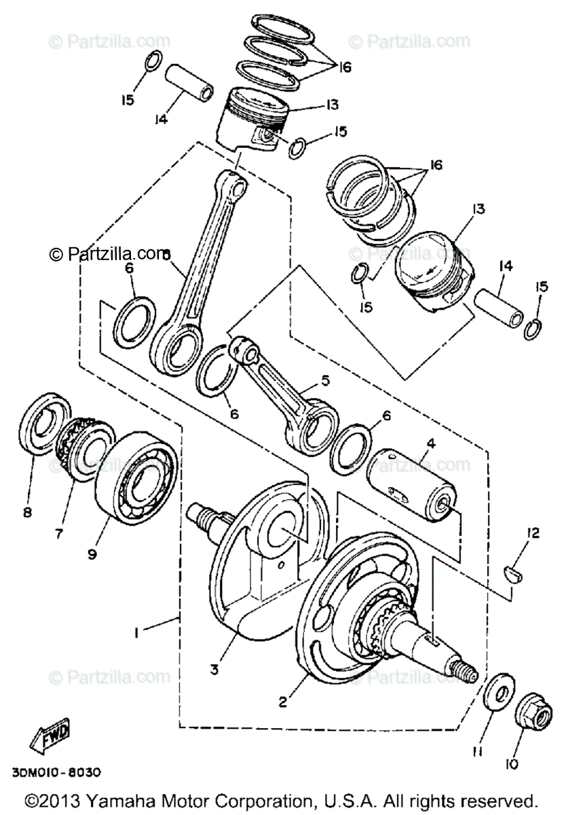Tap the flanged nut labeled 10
coord(533,712)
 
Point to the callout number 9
coord(92,554)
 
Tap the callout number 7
coord(59,533)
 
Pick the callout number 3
coord(195,669)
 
